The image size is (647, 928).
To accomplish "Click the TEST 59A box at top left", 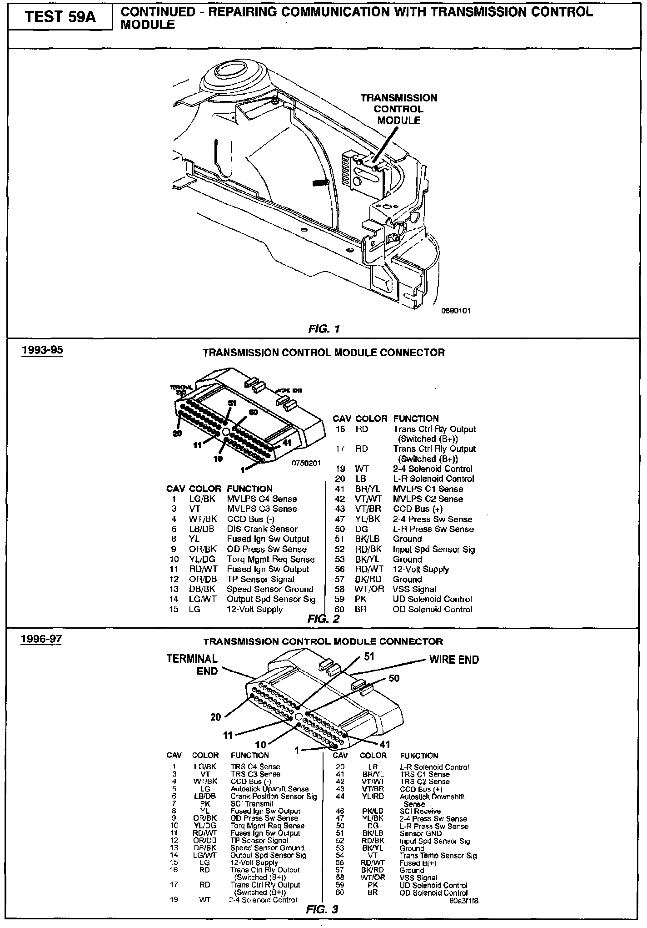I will [x=60, y=17].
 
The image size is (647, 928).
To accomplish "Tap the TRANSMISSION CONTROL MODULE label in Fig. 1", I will [x=399, y=109].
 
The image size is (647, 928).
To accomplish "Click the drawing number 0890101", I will [x=456, y=311].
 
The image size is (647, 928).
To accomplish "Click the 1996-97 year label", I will [x=41, y=639].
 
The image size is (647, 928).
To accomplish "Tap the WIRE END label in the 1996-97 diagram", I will [x=454, y=660].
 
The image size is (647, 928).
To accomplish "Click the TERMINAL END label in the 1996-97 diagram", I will [x=192, y=665].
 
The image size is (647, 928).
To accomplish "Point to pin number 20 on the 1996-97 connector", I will [x=215, y=717].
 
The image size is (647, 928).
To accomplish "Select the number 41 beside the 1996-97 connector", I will [x=384, y=745].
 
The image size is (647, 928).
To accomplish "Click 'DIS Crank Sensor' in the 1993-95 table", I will [x=262, y=529].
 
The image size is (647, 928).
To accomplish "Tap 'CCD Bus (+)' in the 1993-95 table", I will [x=418, y=509].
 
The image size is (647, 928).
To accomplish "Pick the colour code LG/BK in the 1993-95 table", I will [x=202, y=499].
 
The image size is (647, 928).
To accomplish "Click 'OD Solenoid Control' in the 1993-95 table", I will [x=433, y=610].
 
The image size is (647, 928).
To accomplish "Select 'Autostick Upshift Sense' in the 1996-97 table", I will [x=269, y=789].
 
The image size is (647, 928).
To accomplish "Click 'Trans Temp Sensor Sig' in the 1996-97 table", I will [x=438, y=856].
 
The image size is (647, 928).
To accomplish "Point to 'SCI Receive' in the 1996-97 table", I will [x=420, y=811].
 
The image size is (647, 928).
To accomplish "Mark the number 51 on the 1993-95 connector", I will [x=233, y=403].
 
